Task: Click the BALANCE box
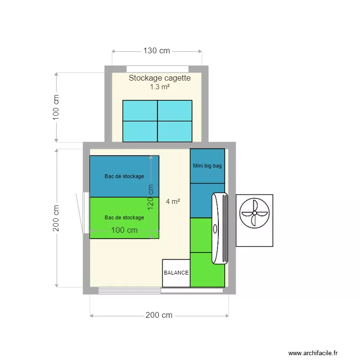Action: [176, 273]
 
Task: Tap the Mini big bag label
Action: [207, 166]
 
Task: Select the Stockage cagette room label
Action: [160, 78]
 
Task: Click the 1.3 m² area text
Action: [160, 87]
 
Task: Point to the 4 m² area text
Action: [173, 202]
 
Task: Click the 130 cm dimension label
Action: [156, 51]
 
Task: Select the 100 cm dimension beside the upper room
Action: [56, 107]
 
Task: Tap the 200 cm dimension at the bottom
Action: [159, 315]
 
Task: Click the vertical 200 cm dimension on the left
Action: [56, 218]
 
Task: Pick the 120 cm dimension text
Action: [151, 197]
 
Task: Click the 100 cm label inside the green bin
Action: [124, 230]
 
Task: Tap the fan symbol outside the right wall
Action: [254, 213]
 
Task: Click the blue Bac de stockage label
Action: [124, 176]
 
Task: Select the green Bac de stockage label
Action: [124, 217]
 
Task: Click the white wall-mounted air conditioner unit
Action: [220, 228]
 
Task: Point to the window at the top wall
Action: [157, 69]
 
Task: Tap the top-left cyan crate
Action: [140, 110]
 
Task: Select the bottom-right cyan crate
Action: [175, 131]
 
